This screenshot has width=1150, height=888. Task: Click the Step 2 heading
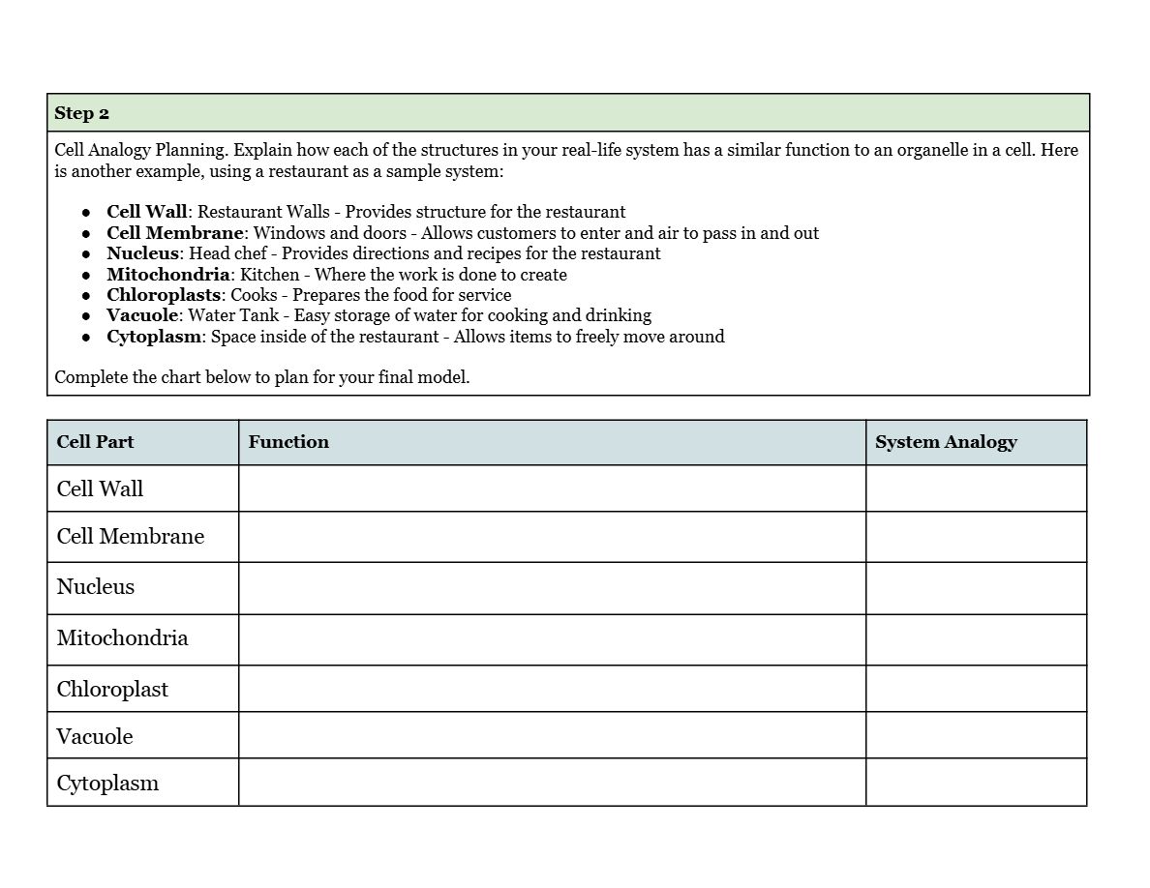[x=82, y=113]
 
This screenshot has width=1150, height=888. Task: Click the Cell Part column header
[x=95, y=442]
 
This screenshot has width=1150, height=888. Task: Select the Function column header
[x=288, y=442]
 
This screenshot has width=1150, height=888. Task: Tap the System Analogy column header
[x=946, y=442]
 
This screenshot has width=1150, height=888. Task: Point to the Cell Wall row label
[x=100, y=488]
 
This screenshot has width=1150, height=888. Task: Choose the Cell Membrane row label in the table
[x=131, y=537]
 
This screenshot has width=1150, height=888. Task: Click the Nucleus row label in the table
[x=96, y=587]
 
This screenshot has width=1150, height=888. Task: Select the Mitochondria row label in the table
[x=122, y=638]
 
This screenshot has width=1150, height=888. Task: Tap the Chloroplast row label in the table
[x=112, y=690]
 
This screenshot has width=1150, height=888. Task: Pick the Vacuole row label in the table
[x=95, y=736]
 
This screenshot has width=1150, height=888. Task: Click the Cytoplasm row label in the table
[x=107, y=784]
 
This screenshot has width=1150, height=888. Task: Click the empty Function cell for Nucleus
[x=552, y=588]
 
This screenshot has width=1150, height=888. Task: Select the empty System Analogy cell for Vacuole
[x=976, y=735]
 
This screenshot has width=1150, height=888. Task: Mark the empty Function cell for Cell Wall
[x=552, y=488]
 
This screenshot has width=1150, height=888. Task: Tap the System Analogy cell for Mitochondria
[x=976, y=639]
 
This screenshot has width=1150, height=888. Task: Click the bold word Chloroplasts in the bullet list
[x=164, y=295]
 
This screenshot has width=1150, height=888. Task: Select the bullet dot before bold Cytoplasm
[x=86, y=338]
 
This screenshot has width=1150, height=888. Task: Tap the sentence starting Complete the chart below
[x=262, y=377]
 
